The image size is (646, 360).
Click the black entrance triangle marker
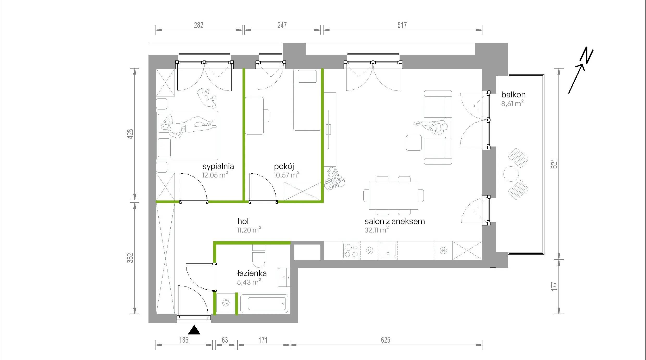pyautogui.click(x=194, y=330)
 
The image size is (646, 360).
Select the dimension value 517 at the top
pyautogui.click(x=402, y=25)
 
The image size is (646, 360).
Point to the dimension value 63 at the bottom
pyautogui.click(x=225, y=340)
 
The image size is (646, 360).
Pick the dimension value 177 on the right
pyautogui.click(x=554, y=286)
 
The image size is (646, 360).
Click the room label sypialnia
pyautogui.click(x=218, y=166)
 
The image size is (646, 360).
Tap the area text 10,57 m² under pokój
pyautogui.click(x=286, y=175)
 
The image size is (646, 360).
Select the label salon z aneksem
pyautogui.click(x=395, y=221)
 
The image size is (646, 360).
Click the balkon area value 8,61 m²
pyautogui.click(x=512, y=103)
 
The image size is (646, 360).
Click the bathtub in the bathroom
pyautogui.click(x=264, y=303)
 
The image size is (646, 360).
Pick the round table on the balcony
pyautogui.click(x=511, y=174)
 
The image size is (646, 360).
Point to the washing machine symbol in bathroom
pyautogui.click(x=226, y=303)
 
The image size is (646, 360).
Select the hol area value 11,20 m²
pyautogui.click(x=249, y=230)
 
